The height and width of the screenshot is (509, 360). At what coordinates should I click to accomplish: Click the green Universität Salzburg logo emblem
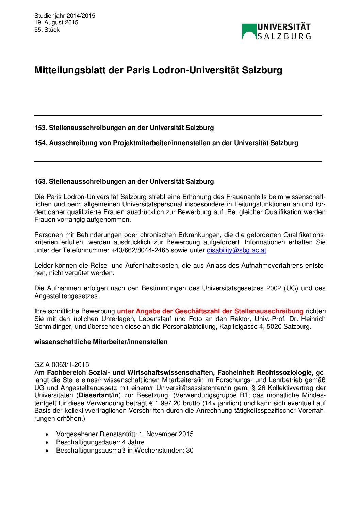pos(249,32)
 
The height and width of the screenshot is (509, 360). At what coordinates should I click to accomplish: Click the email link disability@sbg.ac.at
pos(236,250)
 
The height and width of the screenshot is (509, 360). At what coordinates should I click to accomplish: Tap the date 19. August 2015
pos(56,22)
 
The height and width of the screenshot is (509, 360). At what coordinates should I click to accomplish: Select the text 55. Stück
pos(47,30)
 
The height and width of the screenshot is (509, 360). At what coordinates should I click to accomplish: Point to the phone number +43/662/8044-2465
pos(140,250)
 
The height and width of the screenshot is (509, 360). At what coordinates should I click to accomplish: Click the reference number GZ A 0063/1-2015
pos(62,365)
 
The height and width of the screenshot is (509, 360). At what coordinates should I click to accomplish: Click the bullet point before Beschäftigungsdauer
pos(47,442)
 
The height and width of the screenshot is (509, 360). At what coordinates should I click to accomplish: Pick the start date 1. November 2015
pos(166,434)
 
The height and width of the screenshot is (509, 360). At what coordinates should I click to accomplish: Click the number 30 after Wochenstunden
pos(190,451)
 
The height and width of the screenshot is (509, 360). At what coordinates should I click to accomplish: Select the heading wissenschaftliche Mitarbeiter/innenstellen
pos(101,342)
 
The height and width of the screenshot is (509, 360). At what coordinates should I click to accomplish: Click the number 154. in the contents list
pos(40,143)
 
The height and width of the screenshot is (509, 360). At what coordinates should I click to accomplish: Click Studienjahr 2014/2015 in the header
pos(65,16)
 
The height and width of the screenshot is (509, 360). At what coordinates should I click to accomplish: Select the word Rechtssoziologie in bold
pos(285,372)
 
